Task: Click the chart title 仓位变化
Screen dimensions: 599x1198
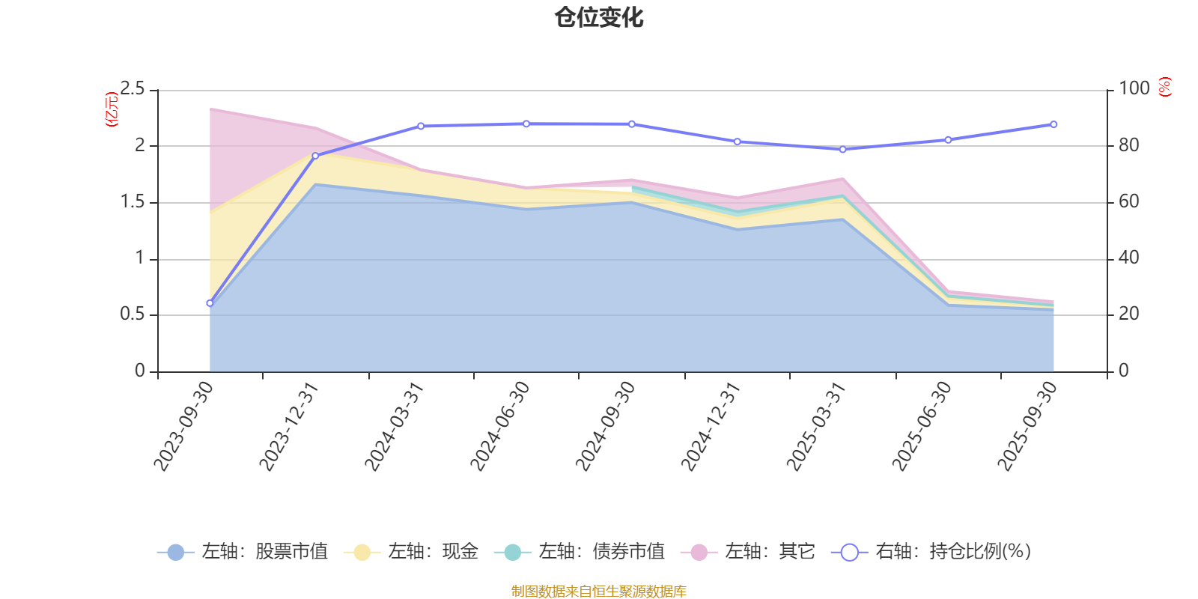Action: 599,17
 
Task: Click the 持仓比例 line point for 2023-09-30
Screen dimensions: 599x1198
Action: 210,303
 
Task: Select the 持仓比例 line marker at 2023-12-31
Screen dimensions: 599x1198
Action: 315,156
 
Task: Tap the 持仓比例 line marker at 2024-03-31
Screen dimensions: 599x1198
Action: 421,126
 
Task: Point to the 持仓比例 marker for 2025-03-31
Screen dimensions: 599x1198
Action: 842,150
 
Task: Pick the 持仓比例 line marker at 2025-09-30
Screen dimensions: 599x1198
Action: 1053,124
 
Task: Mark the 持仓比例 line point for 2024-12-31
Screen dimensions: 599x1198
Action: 737,142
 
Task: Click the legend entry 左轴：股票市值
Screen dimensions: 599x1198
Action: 243,552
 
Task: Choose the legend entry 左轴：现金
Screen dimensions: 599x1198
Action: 411,552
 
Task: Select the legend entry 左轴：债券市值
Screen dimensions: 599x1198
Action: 580,552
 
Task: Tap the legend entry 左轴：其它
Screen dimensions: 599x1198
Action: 748,552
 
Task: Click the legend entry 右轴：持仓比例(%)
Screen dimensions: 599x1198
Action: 931,552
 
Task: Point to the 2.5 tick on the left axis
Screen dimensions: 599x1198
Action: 133,89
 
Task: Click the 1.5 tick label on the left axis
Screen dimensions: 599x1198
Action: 133,202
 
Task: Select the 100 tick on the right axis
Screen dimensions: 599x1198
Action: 1134,88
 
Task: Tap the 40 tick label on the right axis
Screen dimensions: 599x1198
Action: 1129,258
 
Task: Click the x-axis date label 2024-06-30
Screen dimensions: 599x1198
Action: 500,425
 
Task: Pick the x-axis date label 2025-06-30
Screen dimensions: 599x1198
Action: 922,425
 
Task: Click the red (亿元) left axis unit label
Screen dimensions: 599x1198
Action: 112,109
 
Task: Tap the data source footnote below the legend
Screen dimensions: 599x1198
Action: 599,592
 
